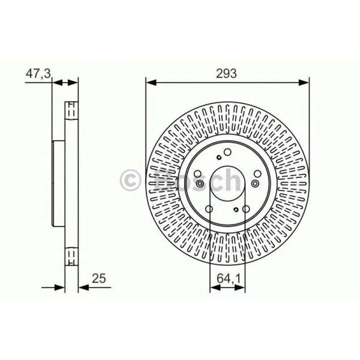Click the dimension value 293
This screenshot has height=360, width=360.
tap(227, 73)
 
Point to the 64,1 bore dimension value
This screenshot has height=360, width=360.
tap(228, 279)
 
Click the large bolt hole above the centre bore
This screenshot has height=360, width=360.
tap(227, 153)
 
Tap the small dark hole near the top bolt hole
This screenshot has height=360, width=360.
tap(218, 157)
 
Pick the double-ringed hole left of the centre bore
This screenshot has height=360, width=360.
tap(199, 184)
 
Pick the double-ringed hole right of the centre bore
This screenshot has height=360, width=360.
tap(255, 183)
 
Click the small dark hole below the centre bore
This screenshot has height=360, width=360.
tap(236, 209)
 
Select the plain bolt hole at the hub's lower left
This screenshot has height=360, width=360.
tap(209, 208)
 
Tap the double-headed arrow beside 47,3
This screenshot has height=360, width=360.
tap(65, 82)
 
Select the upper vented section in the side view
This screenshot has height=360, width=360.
tap(71, 110)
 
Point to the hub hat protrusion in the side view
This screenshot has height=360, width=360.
tap(57, 183)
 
